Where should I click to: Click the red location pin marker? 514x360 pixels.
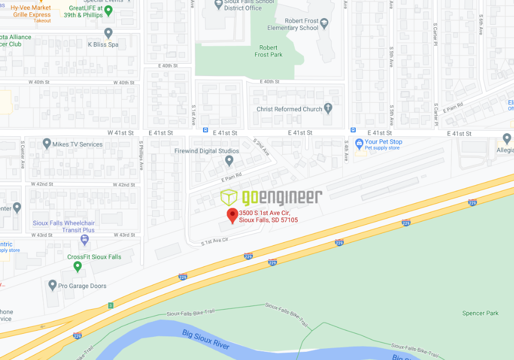(x=232, y=215)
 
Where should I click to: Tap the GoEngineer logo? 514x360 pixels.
(x=271, y=197)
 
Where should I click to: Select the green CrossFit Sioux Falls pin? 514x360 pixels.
(x=78, y=266)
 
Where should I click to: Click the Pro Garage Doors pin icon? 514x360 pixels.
(x=52, y=285)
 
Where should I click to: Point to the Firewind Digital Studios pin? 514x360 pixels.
(x=229, y=160)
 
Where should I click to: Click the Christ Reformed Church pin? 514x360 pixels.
(x=328, y=109)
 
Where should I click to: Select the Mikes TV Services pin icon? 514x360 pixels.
(x=47, y=143)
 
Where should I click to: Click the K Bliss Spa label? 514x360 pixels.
(x=103, y=45)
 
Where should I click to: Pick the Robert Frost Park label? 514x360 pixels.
(x=268, y=51)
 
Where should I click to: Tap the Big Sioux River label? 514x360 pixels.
(x=206, y=340)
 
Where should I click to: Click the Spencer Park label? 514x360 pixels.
(x=481, y=313)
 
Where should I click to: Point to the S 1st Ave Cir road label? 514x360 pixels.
(x=214, y=241)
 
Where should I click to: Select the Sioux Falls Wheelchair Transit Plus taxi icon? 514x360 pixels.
(x=84, y=239)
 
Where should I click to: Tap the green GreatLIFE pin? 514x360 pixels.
(x=108, y=11)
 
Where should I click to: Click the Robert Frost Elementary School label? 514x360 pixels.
(x=293, y=25)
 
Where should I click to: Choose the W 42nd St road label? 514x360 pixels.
(x=42, y=184)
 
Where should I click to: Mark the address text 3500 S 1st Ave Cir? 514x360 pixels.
(x=264, y=213)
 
